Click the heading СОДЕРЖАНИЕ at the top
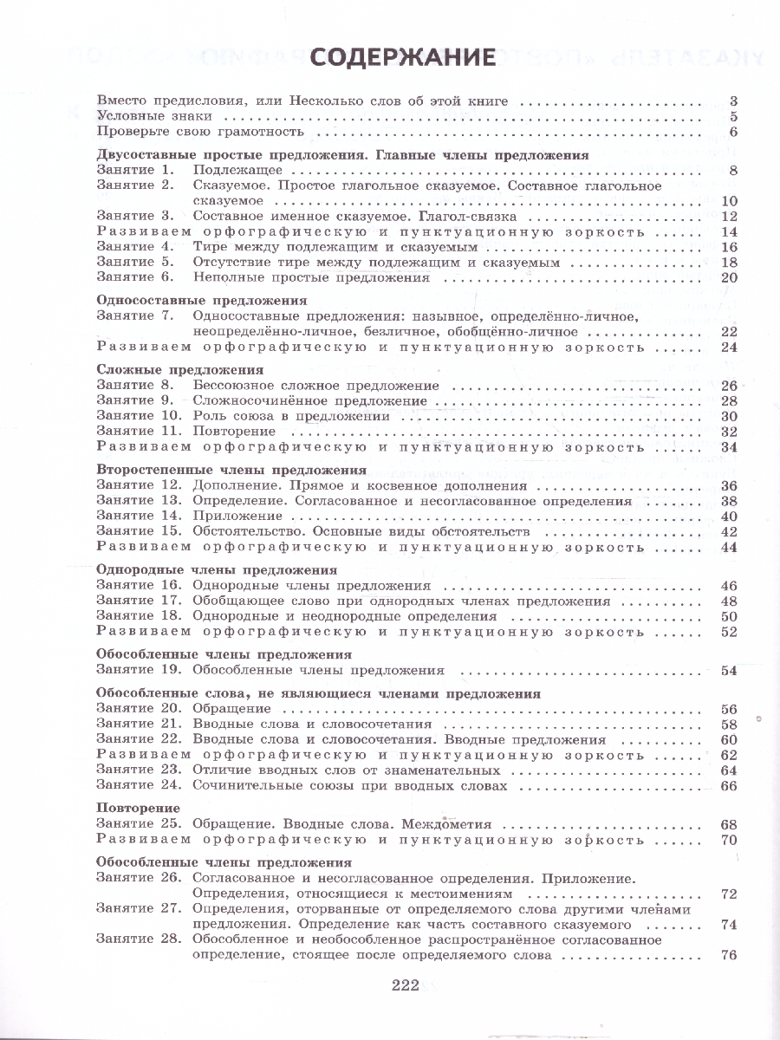pos(402,57)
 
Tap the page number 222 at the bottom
pos(405,985)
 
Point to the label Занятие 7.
pos(134,316)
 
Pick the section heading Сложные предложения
pos(168,369)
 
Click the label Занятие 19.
pos(139,670)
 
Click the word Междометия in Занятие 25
pos(441,825)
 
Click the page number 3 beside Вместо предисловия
pos(732,101)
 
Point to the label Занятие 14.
pos(139,517)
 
